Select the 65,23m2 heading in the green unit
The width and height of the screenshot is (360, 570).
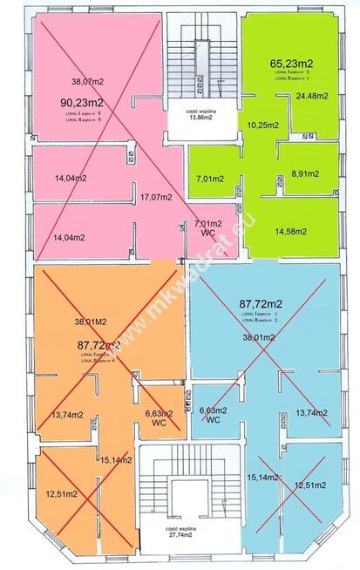pos(291,64)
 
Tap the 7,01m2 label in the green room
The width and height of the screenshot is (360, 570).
pos(210,179)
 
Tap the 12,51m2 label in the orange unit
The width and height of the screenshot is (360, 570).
pos(62,494)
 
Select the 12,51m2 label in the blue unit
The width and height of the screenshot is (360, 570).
pos(309,485)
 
